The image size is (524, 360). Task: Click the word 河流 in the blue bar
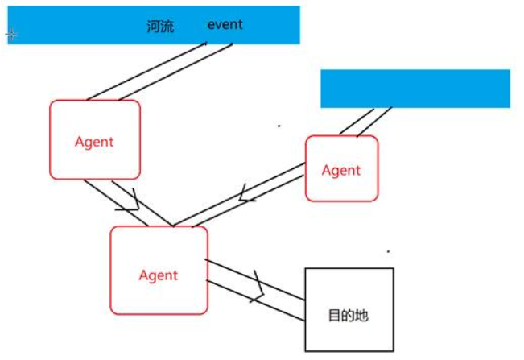pos(160,26)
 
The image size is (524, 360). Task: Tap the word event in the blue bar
pos(225,24)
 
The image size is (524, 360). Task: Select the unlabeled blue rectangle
pos(415,89)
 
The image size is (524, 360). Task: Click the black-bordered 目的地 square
pos(349,309)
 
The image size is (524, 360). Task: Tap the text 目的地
pos(349,316)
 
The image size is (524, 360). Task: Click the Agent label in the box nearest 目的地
pos(159,275)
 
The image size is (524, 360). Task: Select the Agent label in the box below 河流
pos(94,143)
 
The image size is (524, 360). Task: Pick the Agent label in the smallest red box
pos(341,171)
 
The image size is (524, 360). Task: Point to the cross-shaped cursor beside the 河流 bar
pos(10,35)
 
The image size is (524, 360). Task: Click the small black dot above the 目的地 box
pos(388,251)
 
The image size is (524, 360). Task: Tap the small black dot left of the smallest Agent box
pos(279,126)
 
